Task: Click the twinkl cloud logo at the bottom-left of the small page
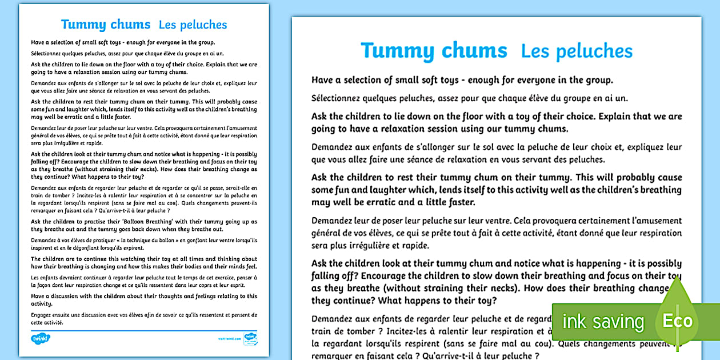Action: point(41,339)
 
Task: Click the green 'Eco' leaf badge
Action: point(677,320)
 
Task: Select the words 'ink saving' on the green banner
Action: point(603,321)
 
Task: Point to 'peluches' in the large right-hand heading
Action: point(598,51)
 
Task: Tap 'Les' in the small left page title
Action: point(170,25)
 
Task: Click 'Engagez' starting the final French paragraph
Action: point(42,314)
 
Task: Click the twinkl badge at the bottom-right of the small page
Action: point(250,338)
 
